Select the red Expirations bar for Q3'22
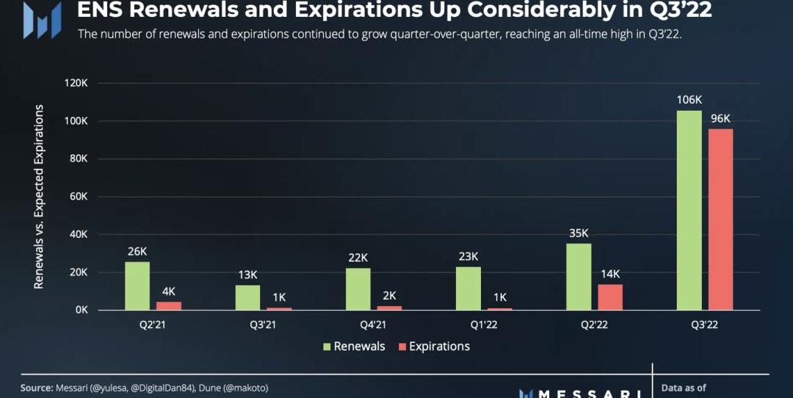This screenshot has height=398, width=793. [x=720, y=219]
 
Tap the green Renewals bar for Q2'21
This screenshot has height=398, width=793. [x=137, y=286]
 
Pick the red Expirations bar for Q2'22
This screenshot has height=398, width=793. [x=610, y=297]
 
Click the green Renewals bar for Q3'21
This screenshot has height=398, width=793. [x=247, y=297]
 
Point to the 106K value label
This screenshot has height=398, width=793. [x=689, y=100]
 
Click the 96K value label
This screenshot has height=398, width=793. [x=720, y=118]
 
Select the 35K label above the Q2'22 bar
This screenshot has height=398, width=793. [x=579, y=234]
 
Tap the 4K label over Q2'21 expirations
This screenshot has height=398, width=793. [x=169, y=292]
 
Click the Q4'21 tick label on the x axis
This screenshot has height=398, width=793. [x=358, y=324]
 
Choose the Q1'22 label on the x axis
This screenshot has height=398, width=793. [x=468, y=324]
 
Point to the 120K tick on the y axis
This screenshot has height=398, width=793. [x=75, y=83]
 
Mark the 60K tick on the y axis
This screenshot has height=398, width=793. [x=78, y=197]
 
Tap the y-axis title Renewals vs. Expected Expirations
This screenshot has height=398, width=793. [x=40, y=197]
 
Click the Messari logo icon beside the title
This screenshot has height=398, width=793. [x=42, y=21]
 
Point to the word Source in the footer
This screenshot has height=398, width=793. [x=36, y=387]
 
